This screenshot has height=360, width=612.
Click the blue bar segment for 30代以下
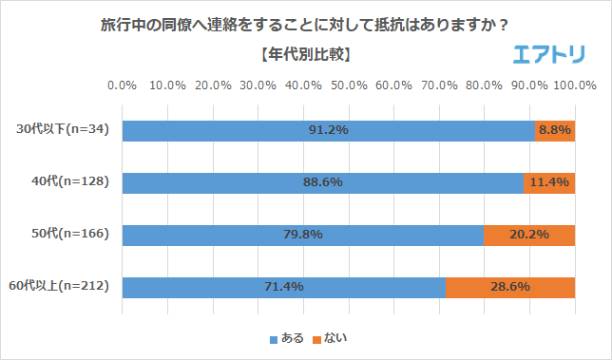(x=328, y=130)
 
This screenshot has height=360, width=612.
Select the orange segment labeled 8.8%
(x=555, y=130)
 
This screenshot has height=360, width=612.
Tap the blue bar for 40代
(x=322, y=182)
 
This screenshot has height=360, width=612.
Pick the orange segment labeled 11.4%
(x=549, y=182)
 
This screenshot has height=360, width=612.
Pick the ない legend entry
(x=329, y=337)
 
